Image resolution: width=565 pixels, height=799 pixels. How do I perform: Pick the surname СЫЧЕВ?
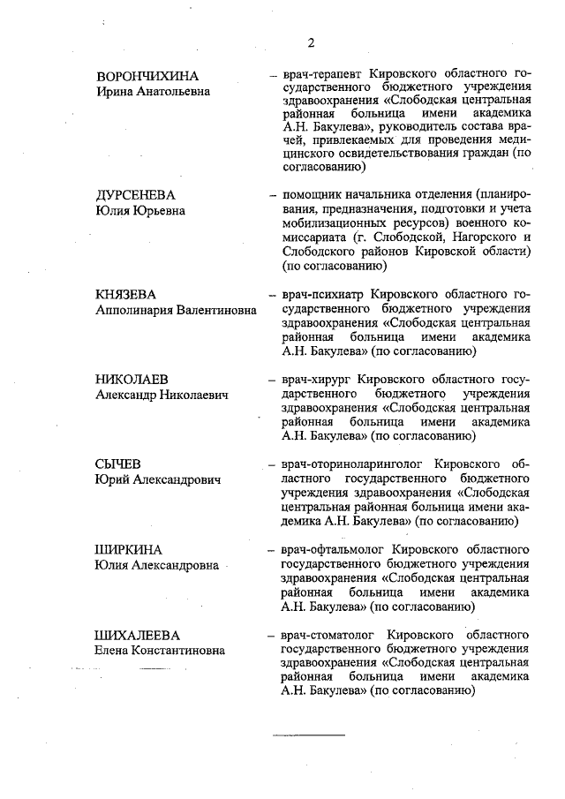118,464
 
